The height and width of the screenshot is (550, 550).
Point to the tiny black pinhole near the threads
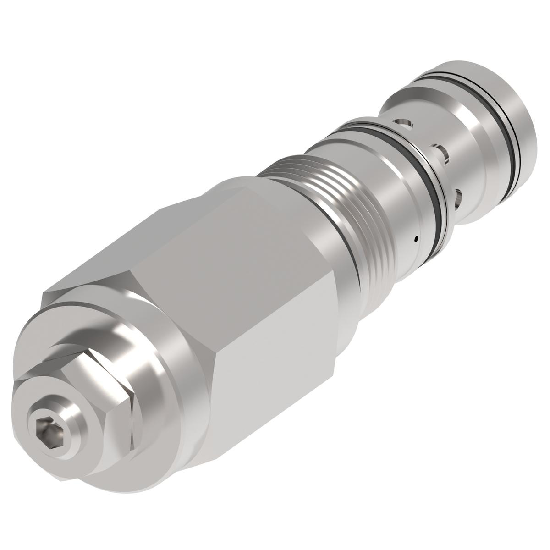click(415, 238)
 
